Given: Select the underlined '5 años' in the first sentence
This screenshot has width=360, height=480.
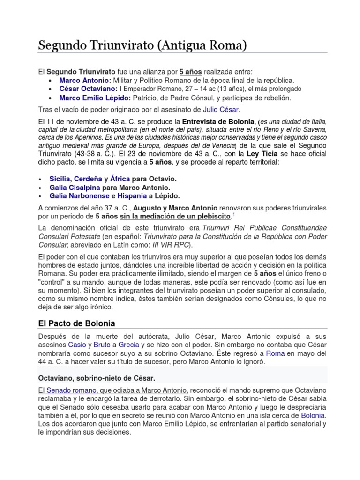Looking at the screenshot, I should (x=191, y=72).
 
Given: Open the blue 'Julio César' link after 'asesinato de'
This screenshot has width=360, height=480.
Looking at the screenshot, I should (x=221, y=109).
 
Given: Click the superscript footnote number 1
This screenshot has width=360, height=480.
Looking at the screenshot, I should (x=233, y=215).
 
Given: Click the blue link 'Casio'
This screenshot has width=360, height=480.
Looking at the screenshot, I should (x=77, y=345).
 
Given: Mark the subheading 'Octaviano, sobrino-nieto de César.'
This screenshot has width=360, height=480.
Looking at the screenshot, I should (x=96, y=378).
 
